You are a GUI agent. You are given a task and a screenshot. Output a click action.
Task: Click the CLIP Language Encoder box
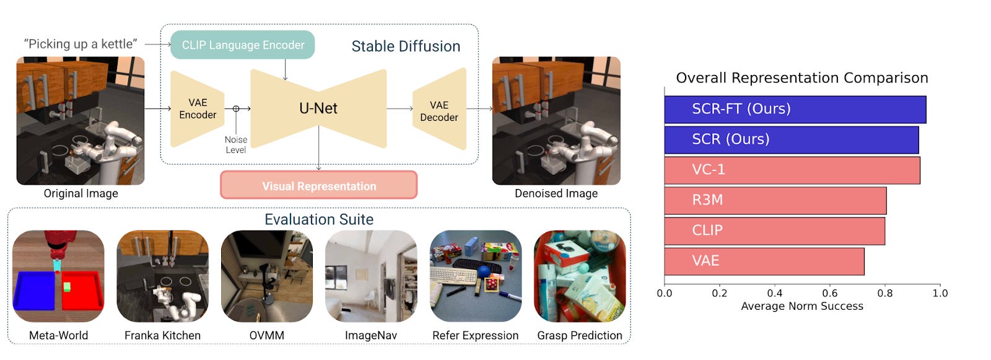coord(242,45)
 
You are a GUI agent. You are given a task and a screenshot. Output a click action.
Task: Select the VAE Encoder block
coord(197,109)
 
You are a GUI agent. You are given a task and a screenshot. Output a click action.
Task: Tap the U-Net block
coord(318,108)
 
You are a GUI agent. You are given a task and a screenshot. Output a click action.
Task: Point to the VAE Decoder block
coord(439,111)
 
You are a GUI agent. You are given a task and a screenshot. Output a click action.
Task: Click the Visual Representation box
coord(318,186)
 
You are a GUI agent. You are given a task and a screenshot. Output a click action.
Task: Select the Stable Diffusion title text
coord(406,46)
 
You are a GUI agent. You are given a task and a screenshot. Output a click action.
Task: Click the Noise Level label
coord(235,145)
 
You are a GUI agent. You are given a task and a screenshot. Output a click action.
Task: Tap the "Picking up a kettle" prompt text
coord(81,44)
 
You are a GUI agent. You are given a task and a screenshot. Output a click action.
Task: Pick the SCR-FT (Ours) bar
coord(795,109)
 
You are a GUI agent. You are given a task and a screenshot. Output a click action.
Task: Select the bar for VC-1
coord(792,170)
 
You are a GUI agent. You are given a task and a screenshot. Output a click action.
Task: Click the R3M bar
coord(775,200)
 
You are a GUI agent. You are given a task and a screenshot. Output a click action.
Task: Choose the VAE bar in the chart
coord(764,261)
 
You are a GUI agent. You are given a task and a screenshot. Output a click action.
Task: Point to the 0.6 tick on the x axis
coord(830,293)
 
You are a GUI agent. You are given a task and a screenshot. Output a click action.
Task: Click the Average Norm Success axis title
coord(801,306)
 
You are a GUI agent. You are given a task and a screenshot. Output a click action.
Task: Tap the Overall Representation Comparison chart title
coord(801,78)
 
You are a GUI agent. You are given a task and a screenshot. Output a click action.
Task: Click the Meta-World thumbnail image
coord(58,276)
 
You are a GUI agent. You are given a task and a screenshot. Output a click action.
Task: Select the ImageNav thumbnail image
coord(370,276)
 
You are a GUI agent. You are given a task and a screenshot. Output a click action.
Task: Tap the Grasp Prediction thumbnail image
coord(579,276)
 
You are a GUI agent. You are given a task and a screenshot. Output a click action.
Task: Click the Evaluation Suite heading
coord(318,219)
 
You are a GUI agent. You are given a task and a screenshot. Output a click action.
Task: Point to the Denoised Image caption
coord(556,193)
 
